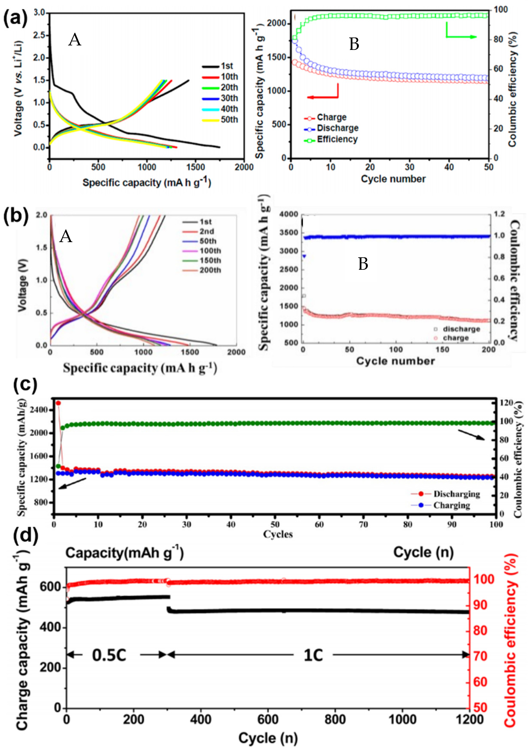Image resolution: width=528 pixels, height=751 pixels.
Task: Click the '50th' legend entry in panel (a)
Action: (229, 120)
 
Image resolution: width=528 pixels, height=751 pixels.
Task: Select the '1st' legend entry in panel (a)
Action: (227, 66)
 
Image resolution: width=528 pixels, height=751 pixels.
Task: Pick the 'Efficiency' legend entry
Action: (337, 139)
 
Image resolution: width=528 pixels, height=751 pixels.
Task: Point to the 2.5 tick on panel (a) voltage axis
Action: (39, 35)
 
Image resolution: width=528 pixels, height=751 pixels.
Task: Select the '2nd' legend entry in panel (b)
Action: (207, 232)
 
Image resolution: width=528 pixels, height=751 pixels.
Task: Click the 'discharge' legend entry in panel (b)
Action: (461, 329)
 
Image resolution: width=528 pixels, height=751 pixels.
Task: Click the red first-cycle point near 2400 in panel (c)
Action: (58, 403)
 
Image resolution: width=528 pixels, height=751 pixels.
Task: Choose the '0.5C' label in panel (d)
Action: (109, 655)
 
